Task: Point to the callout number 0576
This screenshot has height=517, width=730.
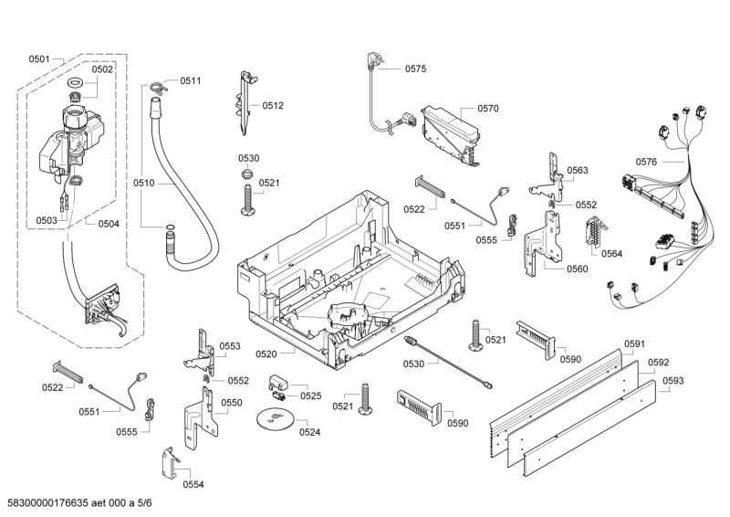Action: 646,162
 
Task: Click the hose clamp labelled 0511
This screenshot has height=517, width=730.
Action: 158,87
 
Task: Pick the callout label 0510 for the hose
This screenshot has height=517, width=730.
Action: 143,183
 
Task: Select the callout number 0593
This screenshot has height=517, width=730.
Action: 673,380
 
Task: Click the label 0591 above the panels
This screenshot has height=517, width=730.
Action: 634,344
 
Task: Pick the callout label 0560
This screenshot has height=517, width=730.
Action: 577,269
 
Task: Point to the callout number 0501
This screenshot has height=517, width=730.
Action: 38,59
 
